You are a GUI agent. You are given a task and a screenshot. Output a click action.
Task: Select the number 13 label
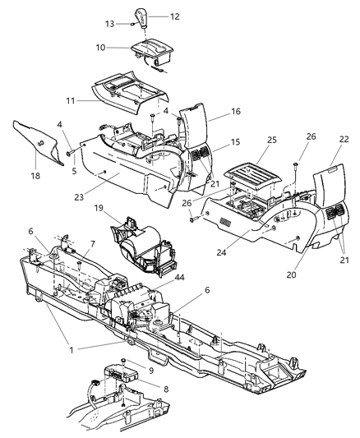pos(109,23)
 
